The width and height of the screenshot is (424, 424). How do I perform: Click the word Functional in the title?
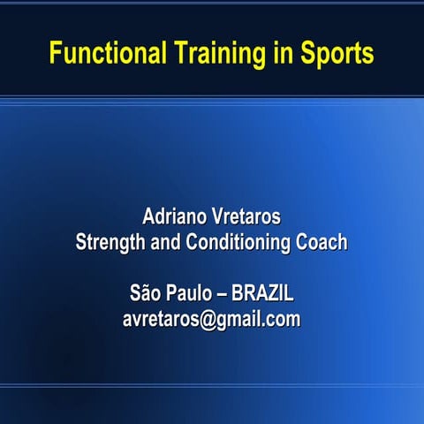coord(107,54)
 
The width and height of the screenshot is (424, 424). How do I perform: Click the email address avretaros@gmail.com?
coord(211,319)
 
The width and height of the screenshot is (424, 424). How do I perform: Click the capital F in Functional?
coord(55,53)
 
